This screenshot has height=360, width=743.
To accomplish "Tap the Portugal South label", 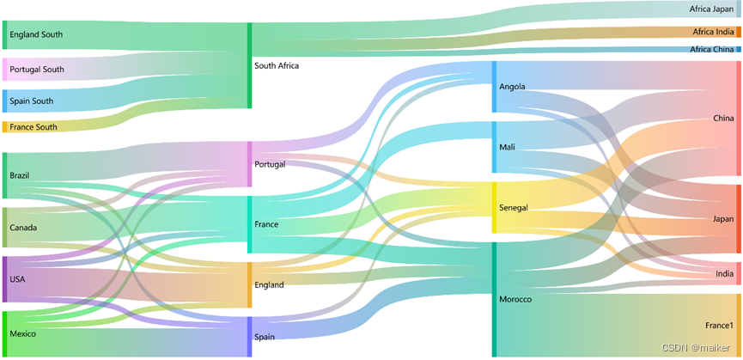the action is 37,70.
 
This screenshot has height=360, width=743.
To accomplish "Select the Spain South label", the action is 32,101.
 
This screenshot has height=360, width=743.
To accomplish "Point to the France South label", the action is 33,127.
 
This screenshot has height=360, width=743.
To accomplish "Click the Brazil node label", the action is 20,175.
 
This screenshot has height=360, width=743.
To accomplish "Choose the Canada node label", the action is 22,229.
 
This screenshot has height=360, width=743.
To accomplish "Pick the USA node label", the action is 17,279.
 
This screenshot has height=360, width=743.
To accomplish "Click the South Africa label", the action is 277,65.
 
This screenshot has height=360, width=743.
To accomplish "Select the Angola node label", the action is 512,87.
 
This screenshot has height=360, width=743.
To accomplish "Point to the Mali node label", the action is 507,147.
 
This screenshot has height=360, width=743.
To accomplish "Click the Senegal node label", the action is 513,208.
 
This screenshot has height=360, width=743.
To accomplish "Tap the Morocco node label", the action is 515,299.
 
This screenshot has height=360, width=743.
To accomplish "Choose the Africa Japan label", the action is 711,9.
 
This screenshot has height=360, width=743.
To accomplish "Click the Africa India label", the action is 713,32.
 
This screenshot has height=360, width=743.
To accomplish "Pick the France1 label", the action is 719,326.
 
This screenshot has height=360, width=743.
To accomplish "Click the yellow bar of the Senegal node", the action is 494,207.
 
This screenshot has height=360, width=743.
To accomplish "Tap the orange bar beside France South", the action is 4,127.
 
